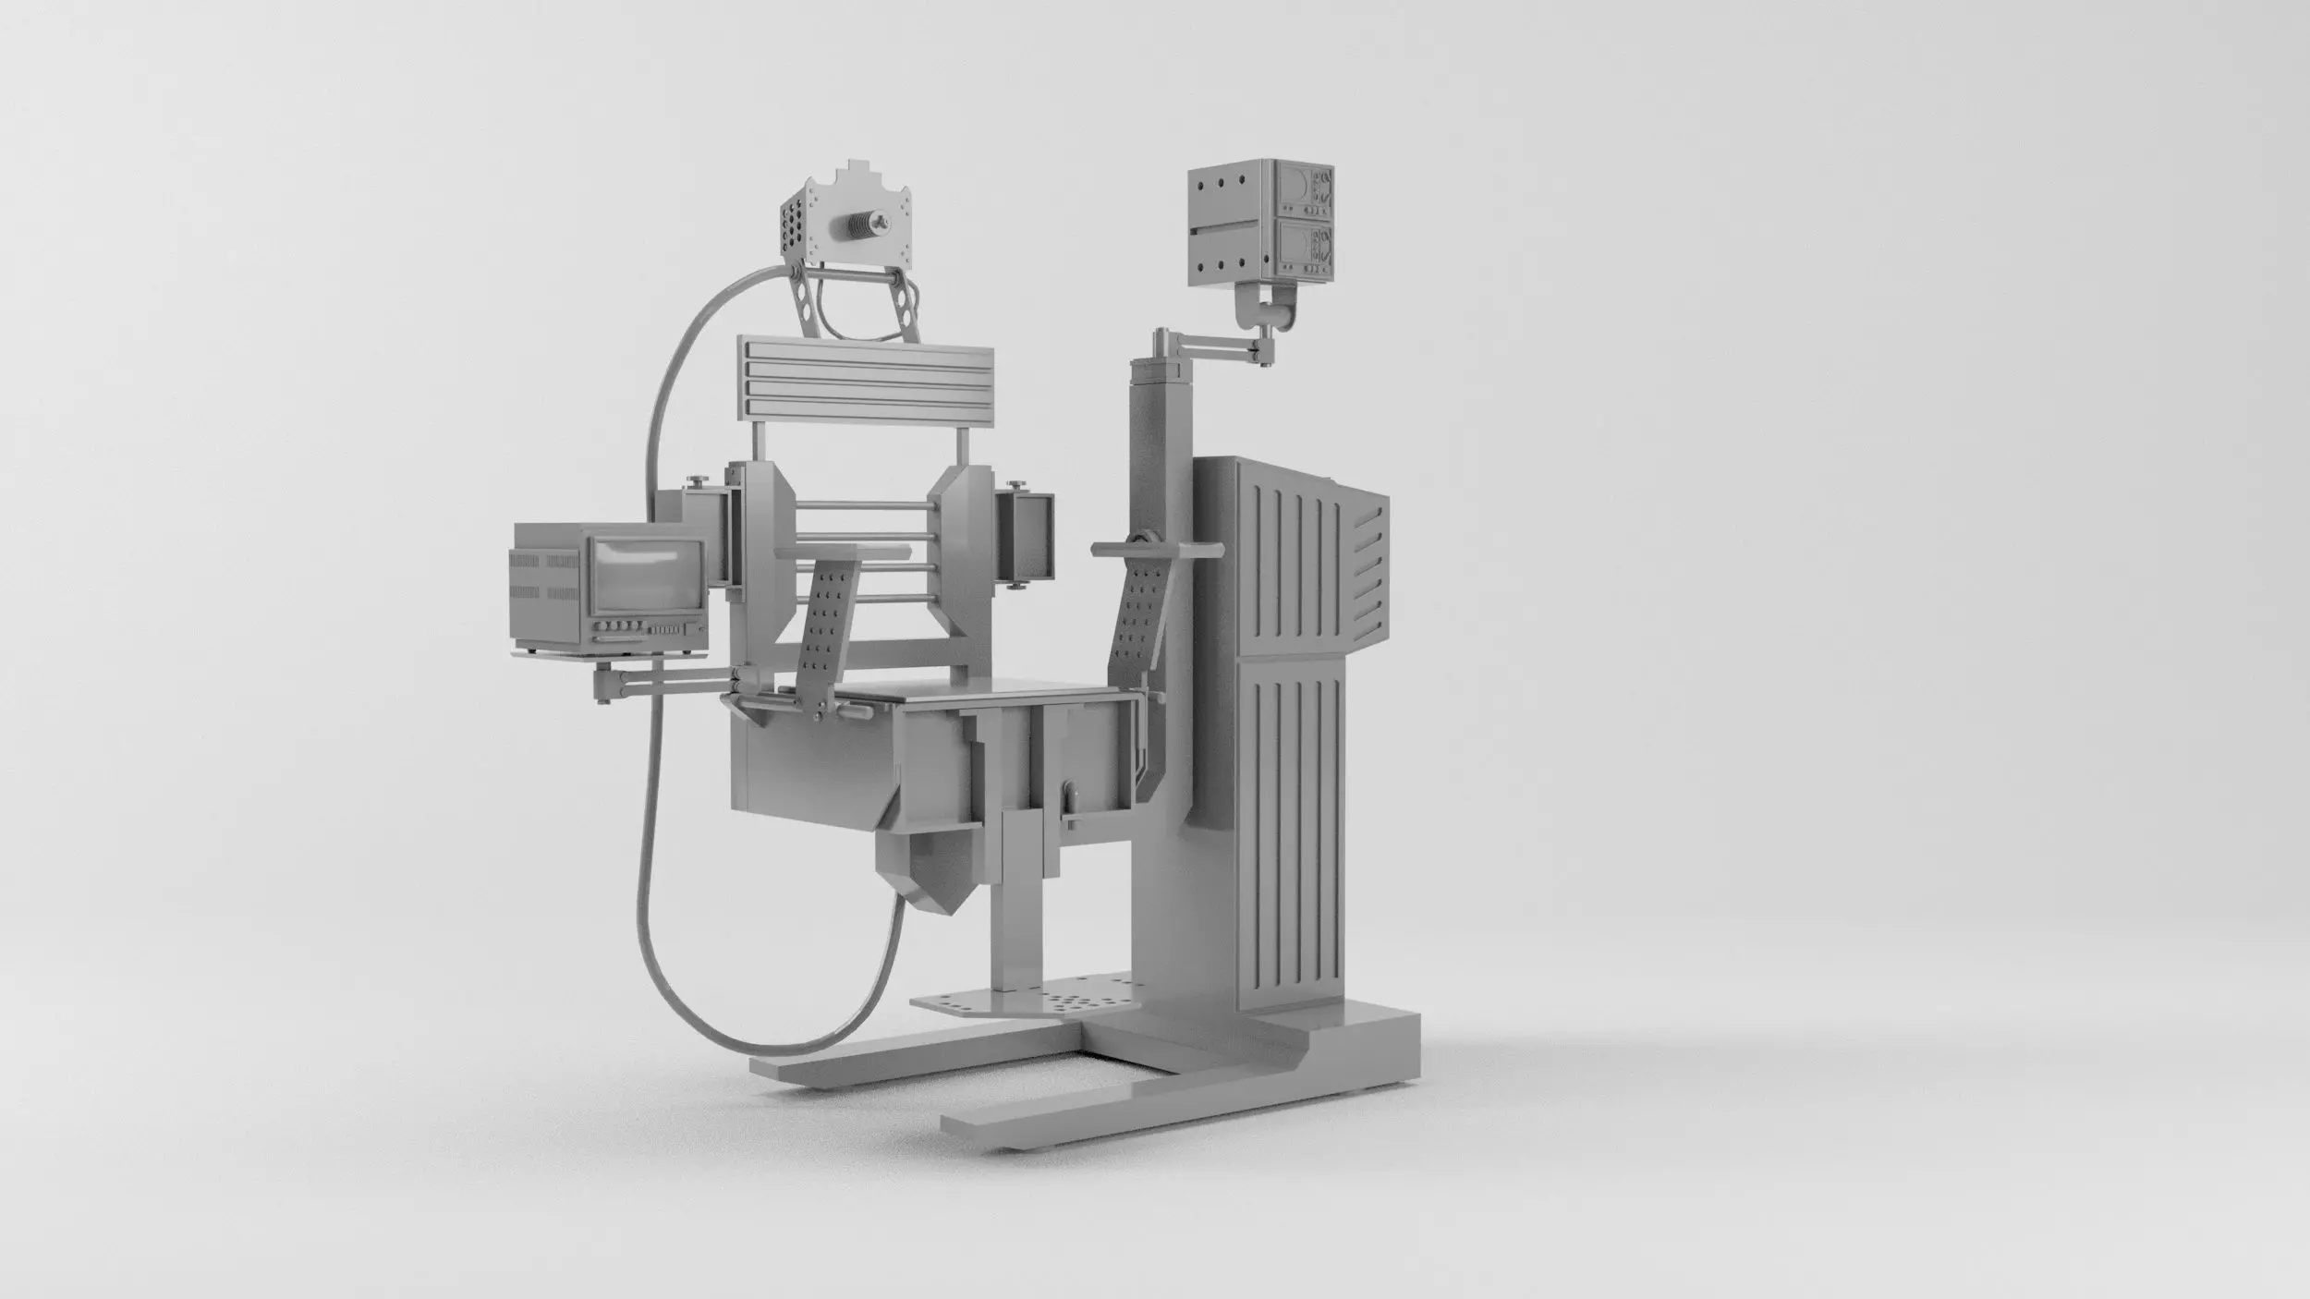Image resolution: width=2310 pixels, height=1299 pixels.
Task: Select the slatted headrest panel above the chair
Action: pos(865,373)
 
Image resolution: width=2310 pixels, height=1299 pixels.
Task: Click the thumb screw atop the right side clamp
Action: pos(1017,484)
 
